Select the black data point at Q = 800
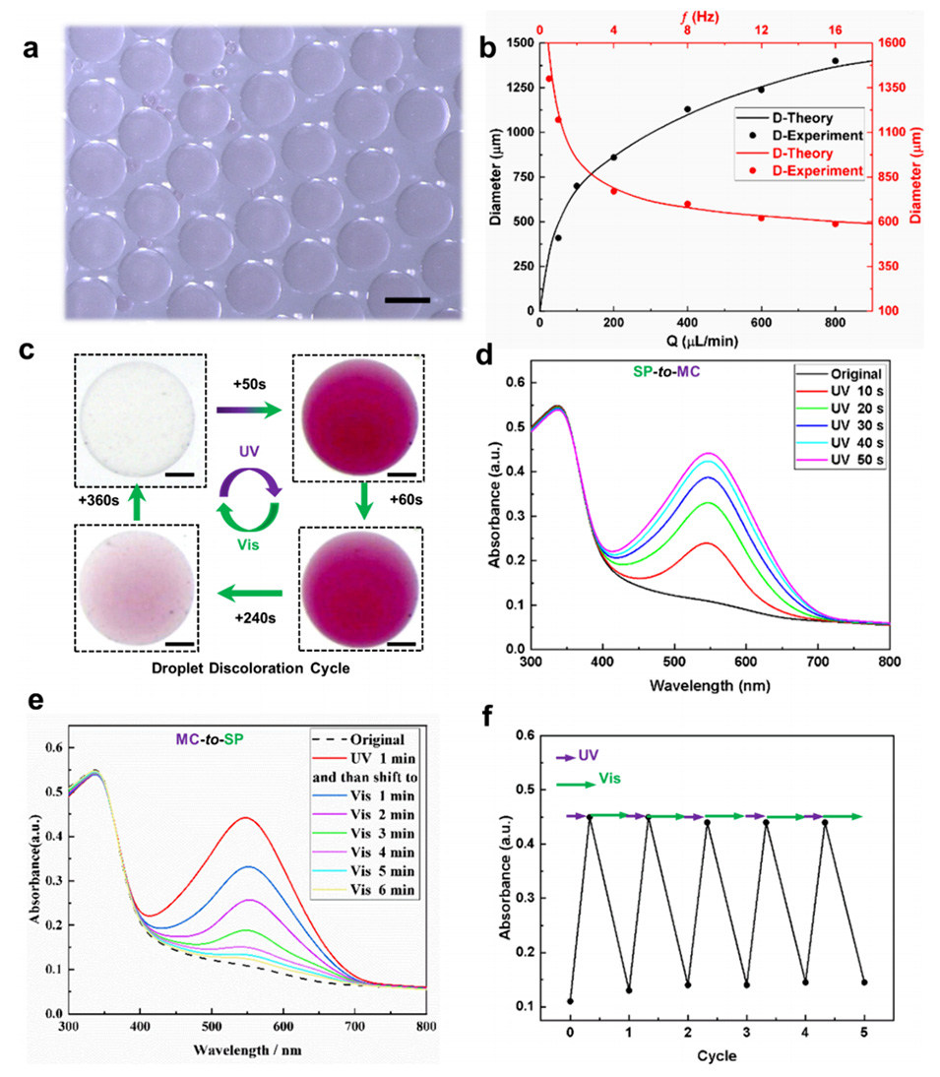coord(836,61)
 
